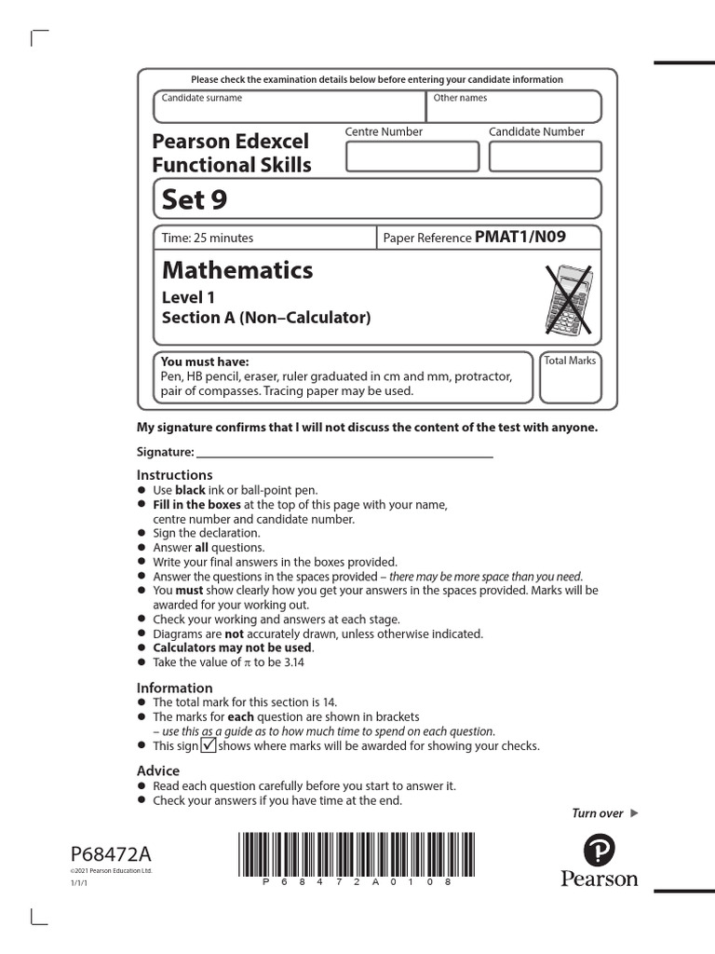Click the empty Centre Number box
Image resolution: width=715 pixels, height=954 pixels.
pyautogui.click(x=408, y=157)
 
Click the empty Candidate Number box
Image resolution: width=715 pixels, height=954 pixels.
pyautogui.click(x=545, y=157)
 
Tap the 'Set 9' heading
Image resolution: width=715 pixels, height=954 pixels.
pyautogui.click(x=195, y=199)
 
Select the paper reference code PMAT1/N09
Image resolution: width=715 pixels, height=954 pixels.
pyautogui.click(x=519, y=238)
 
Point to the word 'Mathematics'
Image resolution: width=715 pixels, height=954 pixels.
pyautogui.click(x=237, y=270)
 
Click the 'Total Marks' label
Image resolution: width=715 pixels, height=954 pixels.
pyautogui.click(x=570, y=361)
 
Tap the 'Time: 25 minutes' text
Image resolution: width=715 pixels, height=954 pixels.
pyautogui.click(x=208, y=238)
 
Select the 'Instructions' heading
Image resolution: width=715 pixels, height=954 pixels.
pyautogui.click(x=175, y=475)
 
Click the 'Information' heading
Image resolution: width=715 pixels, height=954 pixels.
pyautogui.click(x=175, y=688)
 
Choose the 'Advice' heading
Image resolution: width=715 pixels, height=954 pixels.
pyautogui.click(x=158, y=771)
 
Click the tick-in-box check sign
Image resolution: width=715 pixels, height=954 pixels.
pyautogui.click(x=209, y=745)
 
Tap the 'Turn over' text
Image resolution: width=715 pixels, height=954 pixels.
pyautogui.click(x=598, y=813)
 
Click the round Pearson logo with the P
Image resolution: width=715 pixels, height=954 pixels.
pyautogui.click(x=599, y=850)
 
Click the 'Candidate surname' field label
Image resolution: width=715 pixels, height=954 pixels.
pyautogui.click(x=202, y=98)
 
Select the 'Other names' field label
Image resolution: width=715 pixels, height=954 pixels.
pyautogui.click(x=460, y=98)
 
